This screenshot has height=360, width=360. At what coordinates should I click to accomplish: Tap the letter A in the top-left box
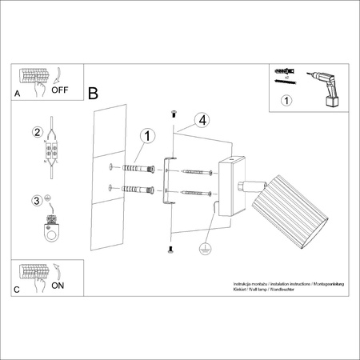(x=18, y=94)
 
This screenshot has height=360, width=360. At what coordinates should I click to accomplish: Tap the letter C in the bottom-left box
(x=17, y=290)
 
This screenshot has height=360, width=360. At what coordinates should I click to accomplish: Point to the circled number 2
(x=36, y=133)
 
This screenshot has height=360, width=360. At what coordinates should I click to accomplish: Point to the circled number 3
(x=36, y=201)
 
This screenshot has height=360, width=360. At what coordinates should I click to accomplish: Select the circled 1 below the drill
(x=287, y=102)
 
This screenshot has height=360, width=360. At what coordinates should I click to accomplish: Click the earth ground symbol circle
(x=206, y=248)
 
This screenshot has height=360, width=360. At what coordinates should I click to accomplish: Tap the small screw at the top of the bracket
(x=174, y=113)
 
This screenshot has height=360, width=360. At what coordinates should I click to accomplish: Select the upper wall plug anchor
(x=137, y=170)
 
